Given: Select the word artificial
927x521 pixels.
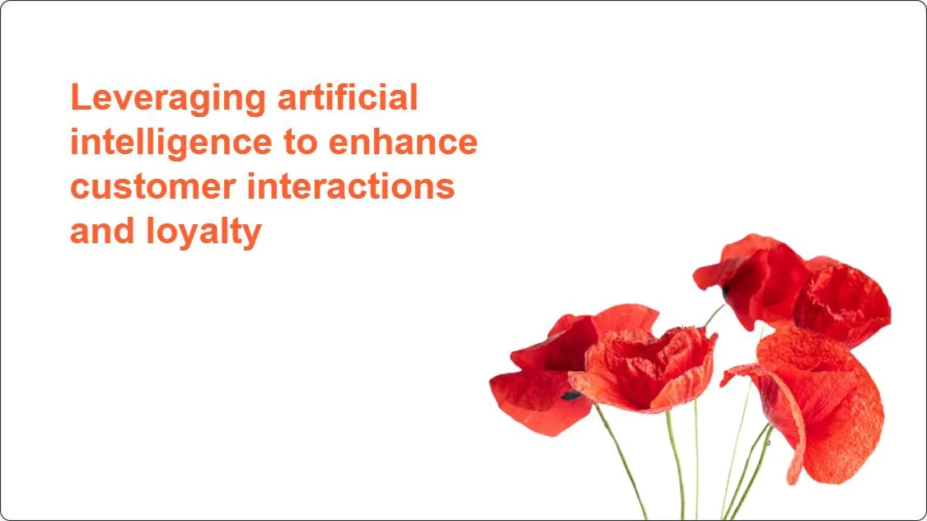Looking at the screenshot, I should (347, 97).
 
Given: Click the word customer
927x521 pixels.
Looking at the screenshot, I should (152, 186).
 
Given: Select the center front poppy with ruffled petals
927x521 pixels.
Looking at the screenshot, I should (647, 367).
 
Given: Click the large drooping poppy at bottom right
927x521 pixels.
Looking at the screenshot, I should (816, 404).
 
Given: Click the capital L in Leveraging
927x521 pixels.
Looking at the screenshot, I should (79, 98).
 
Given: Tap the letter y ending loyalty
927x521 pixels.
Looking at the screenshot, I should (253, 234).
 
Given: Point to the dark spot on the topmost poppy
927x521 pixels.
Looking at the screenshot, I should (726, 290).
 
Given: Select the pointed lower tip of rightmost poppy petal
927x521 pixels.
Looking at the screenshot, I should (794, 479).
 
